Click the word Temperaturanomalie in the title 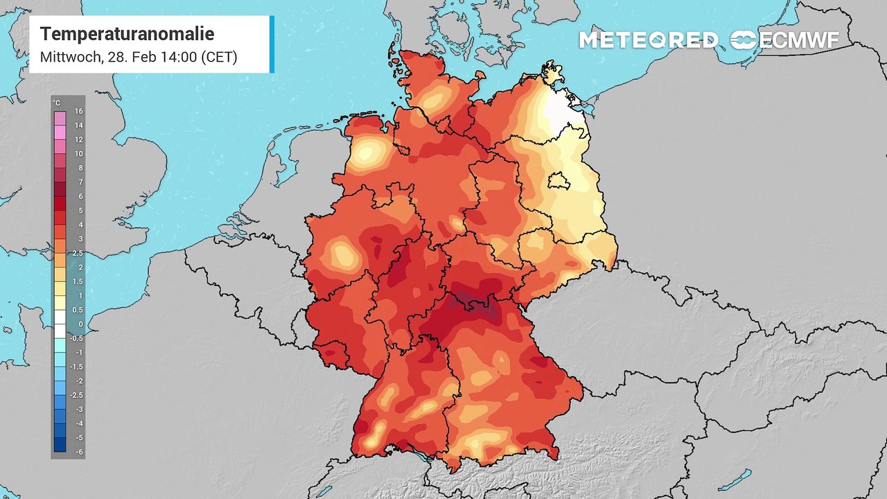(x=127, y=34)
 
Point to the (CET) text (x=218, y=57)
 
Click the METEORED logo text (x=649, y=40)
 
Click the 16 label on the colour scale (x=79, y=112)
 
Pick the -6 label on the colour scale (x=79, y=452)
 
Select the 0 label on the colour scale (x=80, y=324)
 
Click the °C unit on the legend (x=57, y=103)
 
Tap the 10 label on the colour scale (x=79, y=154)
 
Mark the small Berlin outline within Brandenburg (x=559, y=182)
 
